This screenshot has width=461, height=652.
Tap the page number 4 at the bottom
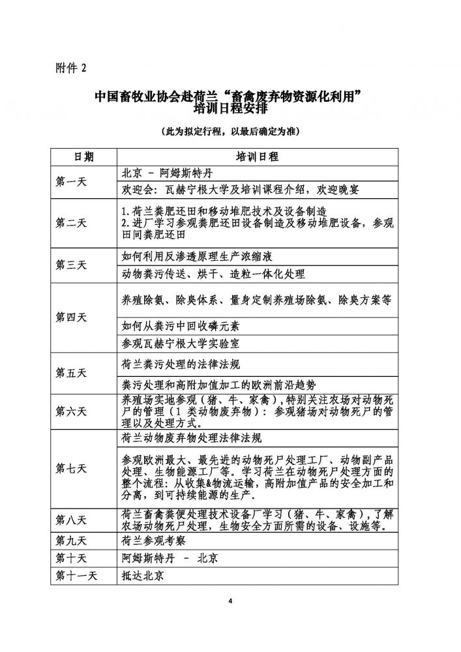230,600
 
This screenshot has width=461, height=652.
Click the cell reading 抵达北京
143,576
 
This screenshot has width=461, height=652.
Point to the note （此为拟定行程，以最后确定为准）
230,130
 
